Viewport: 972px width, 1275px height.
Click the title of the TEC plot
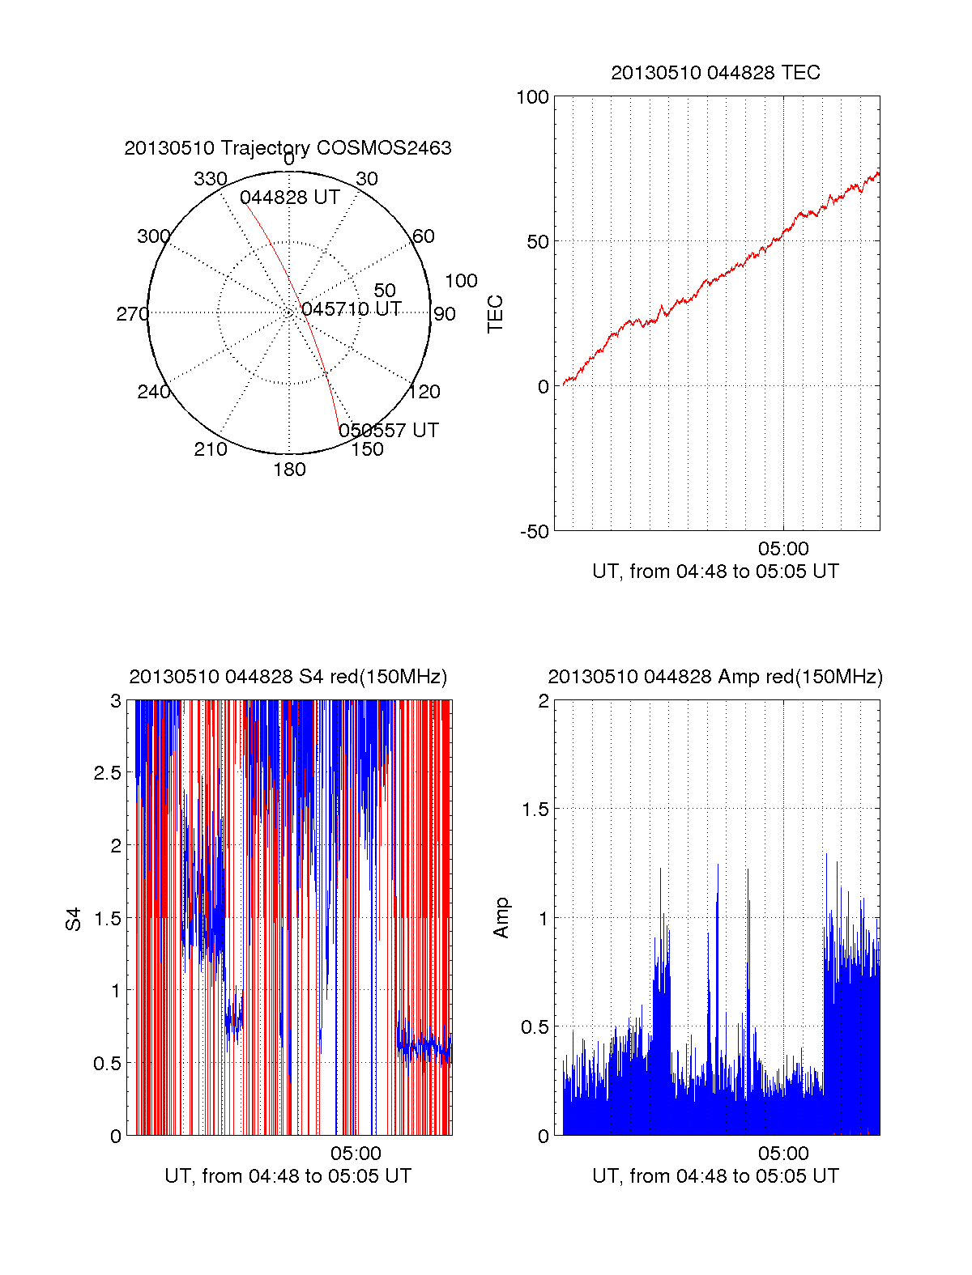click(x=715, y=73)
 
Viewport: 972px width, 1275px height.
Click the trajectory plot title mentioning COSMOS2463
click(x=288, y=148)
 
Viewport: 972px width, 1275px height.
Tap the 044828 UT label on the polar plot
click(x=289, y=198)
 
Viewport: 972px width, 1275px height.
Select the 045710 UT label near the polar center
click(x=352, y=309)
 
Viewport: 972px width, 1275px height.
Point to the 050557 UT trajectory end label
click(x=389, y=430)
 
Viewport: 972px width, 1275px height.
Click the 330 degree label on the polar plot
click(x=211, y=179)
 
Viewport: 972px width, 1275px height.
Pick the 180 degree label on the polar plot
click(x=289, y=470)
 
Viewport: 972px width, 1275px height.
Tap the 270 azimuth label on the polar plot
click(x=132, y=314)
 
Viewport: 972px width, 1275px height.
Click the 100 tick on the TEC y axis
click(x=532, y=97)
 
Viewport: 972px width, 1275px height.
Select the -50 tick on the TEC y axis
click(x=535, y=532)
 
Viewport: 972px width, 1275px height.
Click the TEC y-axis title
click(x=496, y=314)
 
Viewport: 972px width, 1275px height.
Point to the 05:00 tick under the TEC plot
click(x=783, y=550)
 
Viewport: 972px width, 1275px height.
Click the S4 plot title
click(x=288, y=677)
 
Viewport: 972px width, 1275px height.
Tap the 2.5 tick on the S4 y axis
click(x=108, y=773)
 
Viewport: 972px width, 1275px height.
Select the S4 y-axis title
click(x=74, y=919)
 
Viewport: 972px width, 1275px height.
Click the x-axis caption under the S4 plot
click(x=288, y=1175)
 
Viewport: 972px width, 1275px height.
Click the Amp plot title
click(x=715, y=677)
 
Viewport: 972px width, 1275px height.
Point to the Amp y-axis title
click(x=502, y=918)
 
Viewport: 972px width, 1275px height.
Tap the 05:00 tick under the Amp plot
click(x=783, y=1154)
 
